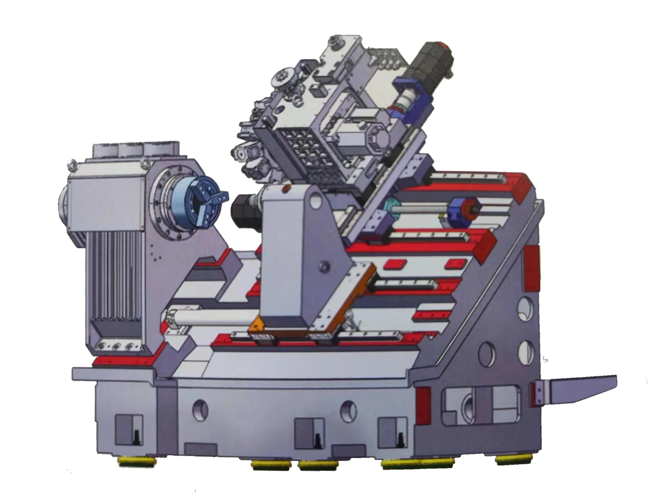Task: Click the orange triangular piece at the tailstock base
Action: [x=256, y=326]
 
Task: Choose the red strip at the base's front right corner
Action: [x=423, y=405]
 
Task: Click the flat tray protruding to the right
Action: [x=577, y=388]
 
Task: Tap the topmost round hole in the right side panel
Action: [x=525, y=306]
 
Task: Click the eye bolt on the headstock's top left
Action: [x=71, y=165]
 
